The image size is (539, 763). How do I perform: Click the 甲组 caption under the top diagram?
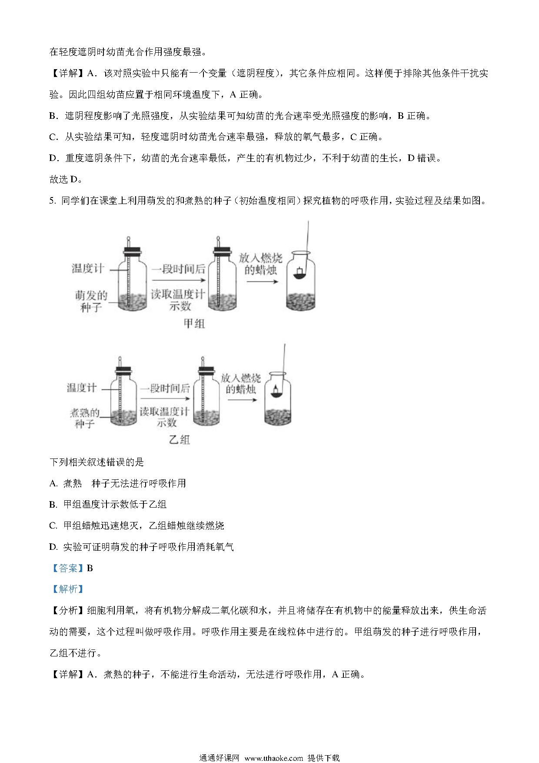(194, 324)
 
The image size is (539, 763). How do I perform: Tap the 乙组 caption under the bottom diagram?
(179, 440)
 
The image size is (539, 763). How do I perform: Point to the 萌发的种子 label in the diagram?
(91, 301)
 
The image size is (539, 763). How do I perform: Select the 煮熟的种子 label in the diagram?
(85, 418)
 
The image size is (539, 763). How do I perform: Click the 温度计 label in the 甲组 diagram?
(88, 268)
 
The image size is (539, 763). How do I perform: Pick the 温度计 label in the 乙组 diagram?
(81, 388)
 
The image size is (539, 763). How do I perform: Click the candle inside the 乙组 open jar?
(276, 392)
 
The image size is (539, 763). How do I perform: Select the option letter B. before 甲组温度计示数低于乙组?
(53, 505)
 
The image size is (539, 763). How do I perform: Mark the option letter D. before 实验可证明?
(53, 547)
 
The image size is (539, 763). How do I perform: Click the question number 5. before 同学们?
(53, 201)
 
